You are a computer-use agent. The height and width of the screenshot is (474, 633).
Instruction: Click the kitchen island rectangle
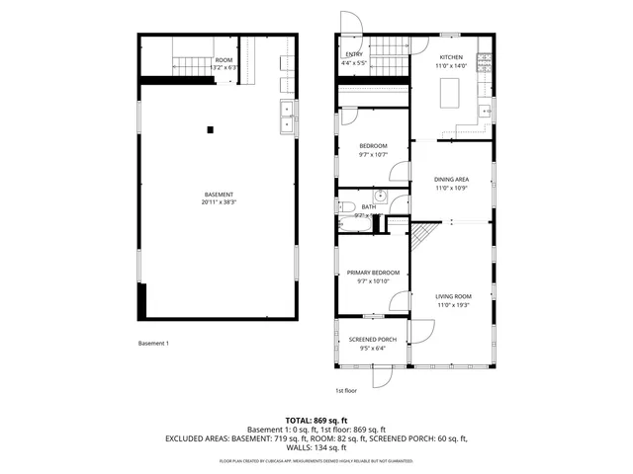tap(452, 93)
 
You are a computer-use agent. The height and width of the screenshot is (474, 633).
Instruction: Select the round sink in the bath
tap(379, 195)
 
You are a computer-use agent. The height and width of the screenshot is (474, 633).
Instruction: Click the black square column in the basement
tap(210, 129)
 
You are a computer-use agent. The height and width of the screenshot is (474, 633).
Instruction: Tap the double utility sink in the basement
tap(286, 116)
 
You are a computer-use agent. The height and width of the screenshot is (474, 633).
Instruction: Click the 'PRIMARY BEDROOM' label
tap(373, 273)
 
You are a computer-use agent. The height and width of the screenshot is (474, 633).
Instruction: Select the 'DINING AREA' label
tap(451, 179)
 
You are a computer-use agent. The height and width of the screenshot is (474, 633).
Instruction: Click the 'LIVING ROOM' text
tap(454, 296)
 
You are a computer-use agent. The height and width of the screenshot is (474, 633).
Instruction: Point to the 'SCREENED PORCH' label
tap(373, 339)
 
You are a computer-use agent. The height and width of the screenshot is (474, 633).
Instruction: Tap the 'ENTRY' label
tap(353, 54)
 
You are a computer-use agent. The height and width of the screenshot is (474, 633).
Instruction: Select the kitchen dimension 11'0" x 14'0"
tap(451, 66)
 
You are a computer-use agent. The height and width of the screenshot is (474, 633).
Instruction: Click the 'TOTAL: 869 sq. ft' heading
tap(316, 421)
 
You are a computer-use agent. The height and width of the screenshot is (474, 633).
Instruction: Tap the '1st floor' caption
tap(345, 390)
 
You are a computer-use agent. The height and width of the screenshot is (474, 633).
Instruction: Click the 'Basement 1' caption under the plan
tap(153, 344)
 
